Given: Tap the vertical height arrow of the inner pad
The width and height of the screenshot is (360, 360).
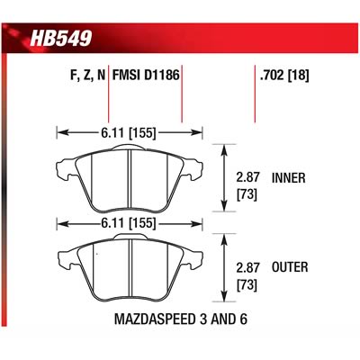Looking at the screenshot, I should tap(223, 177).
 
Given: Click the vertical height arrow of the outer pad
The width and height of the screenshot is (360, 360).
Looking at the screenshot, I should tap(223, 267).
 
